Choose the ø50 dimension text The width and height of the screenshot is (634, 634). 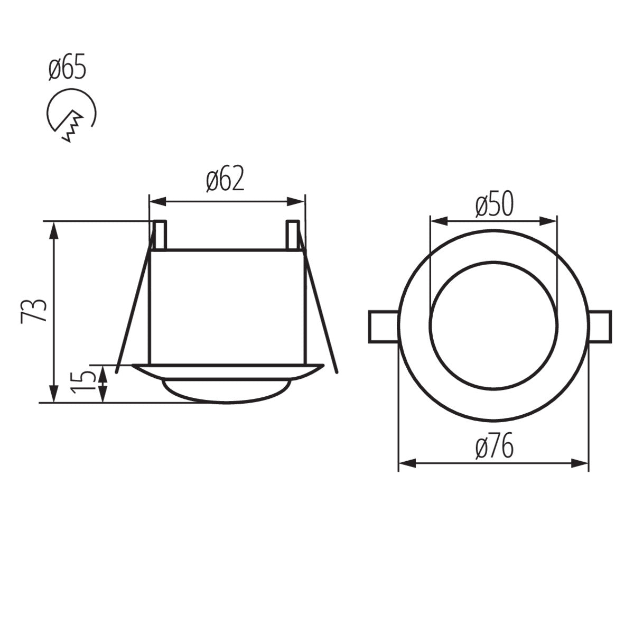click(x=493, y=205)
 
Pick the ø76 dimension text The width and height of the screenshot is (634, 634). click(x=493, y=449)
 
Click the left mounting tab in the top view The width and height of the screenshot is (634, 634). click(x=382, y=328)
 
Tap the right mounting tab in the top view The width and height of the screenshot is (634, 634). click(x=601, y=328)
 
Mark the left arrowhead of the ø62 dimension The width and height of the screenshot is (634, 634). click(x=156, y=201)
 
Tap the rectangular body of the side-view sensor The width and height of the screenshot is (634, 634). click(x=227, y=306)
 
